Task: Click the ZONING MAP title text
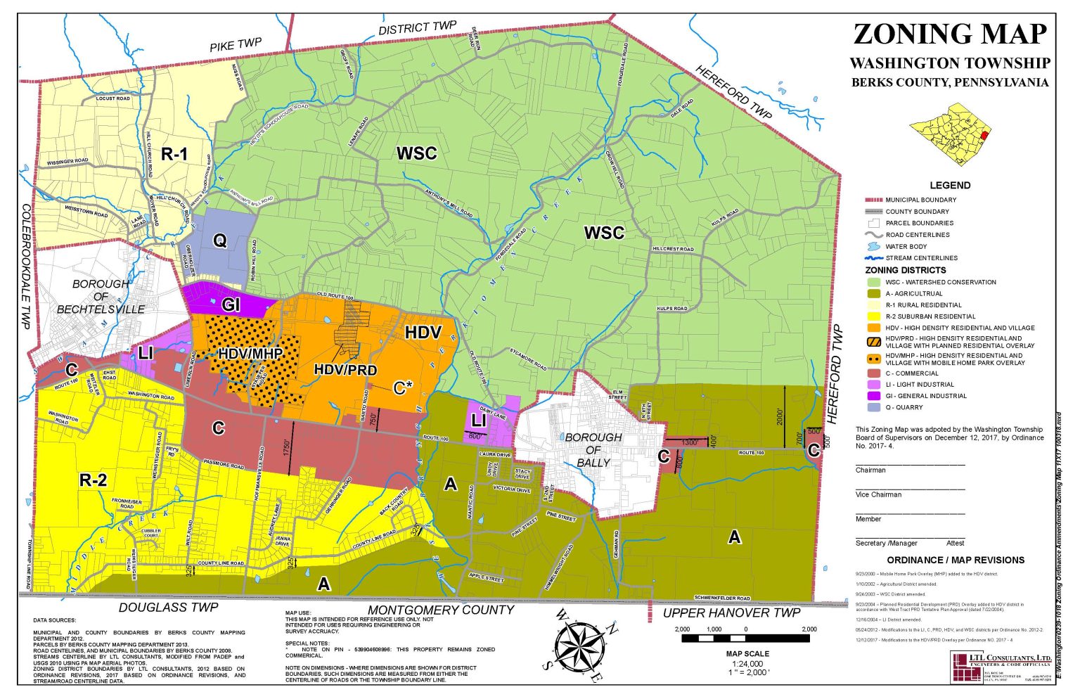coord(950,34)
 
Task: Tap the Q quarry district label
coord(219,241)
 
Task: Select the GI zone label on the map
coord(231,304)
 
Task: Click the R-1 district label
coord(174,153)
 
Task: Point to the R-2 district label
coord(93,480)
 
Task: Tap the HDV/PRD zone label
coord(345,370)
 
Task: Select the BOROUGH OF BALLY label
coord(593,449)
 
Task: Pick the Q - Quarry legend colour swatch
coord(873,407)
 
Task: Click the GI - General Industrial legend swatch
coord(873,396)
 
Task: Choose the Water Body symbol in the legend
coord(873,247)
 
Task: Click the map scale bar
coord(745,639)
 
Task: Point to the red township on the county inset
coord(984,134)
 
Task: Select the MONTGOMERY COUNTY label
coord(442,610)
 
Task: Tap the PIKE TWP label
coord(236,45)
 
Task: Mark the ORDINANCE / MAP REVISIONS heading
coord(956,560)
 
